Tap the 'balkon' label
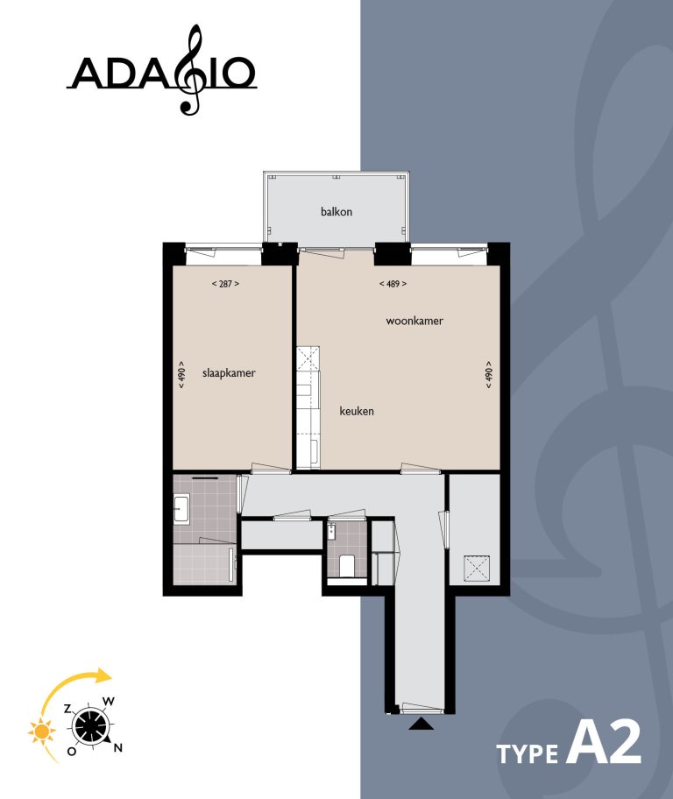coord(336,211)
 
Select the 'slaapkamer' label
coord(228,372)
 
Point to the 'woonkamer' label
coord(414,321)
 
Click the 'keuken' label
coord(357,410)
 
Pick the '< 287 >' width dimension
coord(225,284)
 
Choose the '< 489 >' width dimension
coord(393,284)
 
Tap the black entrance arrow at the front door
coord(422,724)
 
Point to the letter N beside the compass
coord(118,747)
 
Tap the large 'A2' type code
coord(605,743)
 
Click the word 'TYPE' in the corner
coord(528,753)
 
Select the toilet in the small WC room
coord(346,564)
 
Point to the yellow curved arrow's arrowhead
coord(105,675)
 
